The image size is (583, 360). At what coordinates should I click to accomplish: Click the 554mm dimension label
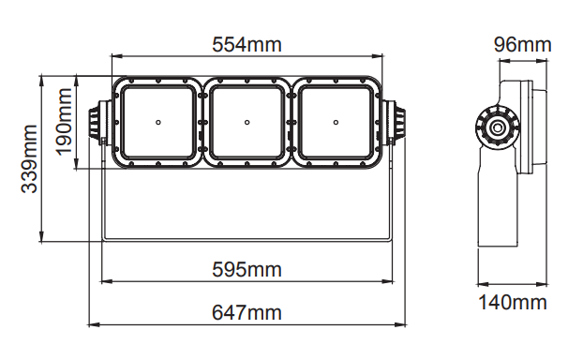tap(247, 45)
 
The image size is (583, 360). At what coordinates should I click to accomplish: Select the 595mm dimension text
tap(247, 270)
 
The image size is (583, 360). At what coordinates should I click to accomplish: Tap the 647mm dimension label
tap(247, 313)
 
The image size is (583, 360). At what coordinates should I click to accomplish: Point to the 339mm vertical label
tap(29, 158)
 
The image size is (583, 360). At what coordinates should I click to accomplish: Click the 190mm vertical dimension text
tap(64, 122)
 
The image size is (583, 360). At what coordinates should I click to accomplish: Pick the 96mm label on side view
tap(522, 45)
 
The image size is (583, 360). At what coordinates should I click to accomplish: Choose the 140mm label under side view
tap(512, 303)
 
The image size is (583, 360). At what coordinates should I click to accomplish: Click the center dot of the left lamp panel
tap(158, 123)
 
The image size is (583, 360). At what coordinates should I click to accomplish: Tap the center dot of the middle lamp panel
tap(247, 123)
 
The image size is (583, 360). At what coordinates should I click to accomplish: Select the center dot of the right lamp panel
tap(336, 123)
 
